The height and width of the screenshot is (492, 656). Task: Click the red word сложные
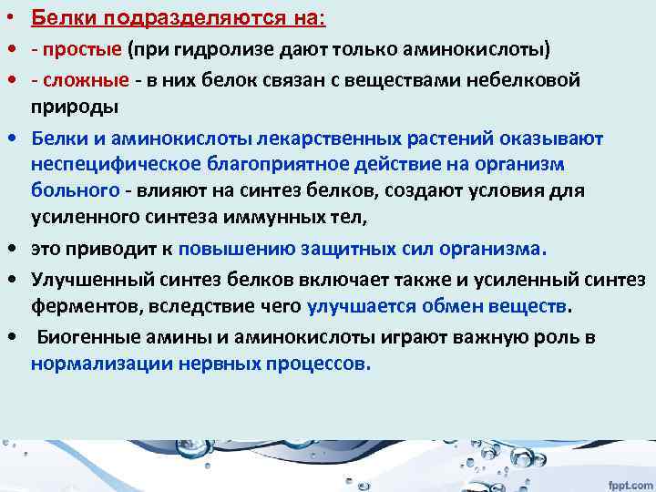pos(87,80)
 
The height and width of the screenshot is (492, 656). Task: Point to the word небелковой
pos(518,80)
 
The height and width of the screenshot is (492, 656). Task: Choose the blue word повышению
pos(230,247)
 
